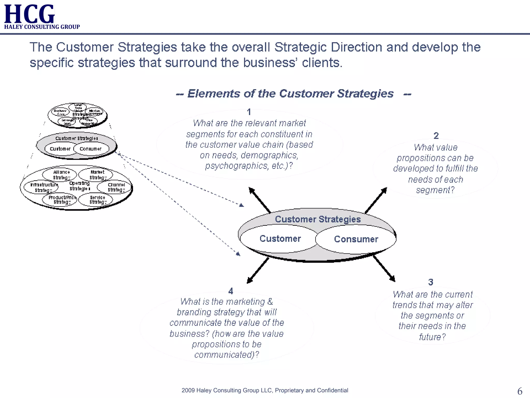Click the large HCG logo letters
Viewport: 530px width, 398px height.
pyautogui.click(x=29, y=14)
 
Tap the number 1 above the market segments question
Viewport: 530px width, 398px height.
pyautogui.click(x=249, y=112)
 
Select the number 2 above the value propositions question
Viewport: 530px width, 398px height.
pyautogui.click(x=436, y=136)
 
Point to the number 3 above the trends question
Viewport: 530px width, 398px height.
pyautogui.click(x=431, y=282)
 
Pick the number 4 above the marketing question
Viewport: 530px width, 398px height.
pyautogui.click(x=231, y=291)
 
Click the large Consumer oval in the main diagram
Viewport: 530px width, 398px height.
pyautogui.click(x=356, y=239)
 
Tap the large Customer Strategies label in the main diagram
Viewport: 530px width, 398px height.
pyautogui.click(x=318, y=219)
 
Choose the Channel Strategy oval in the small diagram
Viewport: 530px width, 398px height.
pyautogui.click(x=115, y=187)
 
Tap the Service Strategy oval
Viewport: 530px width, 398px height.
pyautogui.click(x=96, y=200)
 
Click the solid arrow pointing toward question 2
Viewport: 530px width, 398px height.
pyautogui.click(x=376, y=200)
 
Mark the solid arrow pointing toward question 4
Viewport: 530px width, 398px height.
pyautogui.click(x=258, y=271)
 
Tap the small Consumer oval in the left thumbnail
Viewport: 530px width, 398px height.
pyautogui.click(x=91, y=149)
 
